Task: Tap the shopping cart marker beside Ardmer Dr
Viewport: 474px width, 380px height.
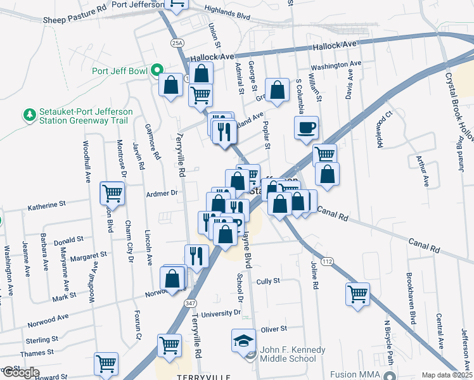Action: [112, 192]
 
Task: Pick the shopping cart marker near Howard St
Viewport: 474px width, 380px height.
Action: [106, 364]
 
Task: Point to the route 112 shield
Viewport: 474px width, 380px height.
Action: [327, 261]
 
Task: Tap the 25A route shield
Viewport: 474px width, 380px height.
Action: [177, 42]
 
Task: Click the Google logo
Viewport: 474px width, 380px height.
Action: [20, 372]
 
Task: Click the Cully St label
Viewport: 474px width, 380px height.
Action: [268, 281]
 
